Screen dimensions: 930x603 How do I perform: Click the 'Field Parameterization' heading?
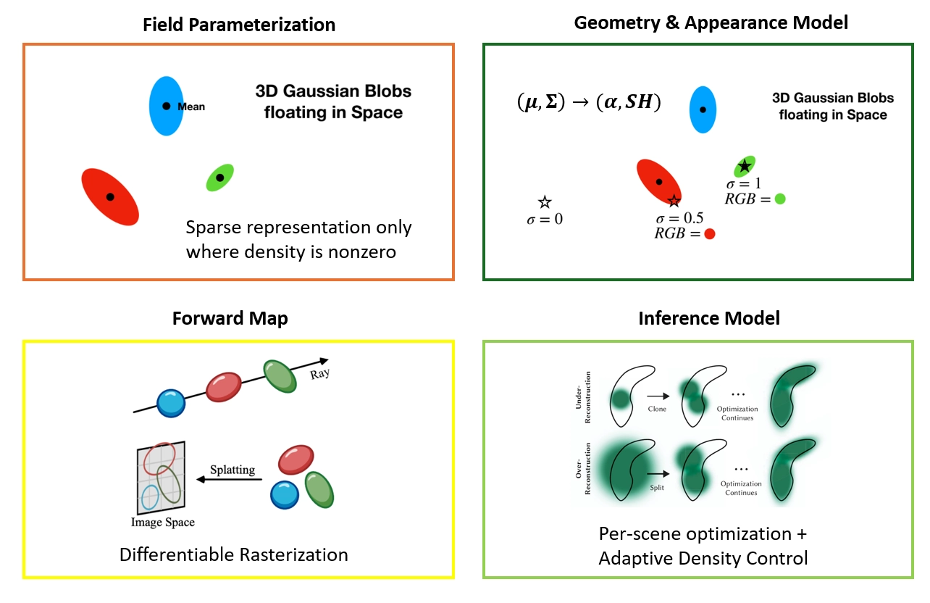tap(239, 25)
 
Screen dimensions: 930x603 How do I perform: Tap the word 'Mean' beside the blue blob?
tap(191, 107)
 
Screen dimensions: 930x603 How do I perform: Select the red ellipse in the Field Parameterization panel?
tap(110, 197)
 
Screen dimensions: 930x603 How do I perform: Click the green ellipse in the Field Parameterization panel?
tap(220, 178)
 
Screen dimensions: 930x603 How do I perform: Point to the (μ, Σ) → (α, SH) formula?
tap(589, 101)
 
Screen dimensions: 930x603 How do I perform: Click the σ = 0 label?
tap(545, 219)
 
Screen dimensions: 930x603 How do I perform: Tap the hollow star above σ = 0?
tap(545, 202)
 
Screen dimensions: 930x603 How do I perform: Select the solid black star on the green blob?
tap(745, 166)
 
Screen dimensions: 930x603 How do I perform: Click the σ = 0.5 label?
tap(679, 218)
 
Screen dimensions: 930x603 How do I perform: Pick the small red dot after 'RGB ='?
tap(710, 234)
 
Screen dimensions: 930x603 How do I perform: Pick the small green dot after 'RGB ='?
tap(780, 199)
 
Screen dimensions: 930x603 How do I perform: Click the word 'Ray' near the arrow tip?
tap(319, 373)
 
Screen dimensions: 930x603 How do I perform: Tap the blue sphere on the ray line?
tap(171, 403)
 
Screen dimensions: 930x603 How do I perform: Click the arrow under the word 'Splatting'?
tap(229, 480)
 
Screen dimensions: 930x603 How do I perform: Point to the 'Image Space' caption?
tap(163, 523)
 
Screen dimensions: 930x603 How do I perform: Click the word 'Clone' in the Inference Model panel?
tap(657, 409)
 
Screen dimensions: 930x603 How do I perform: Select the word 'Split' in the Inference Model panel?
tap(657, 488)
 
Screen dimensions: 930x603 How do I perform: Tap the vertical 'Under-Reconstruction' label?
tap(583, 397)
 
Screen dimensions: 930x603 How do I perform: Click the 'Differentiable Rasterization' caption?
tap(234, 554)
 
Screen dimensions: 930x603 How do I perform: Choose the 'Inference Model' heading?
tap(709, 318)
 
